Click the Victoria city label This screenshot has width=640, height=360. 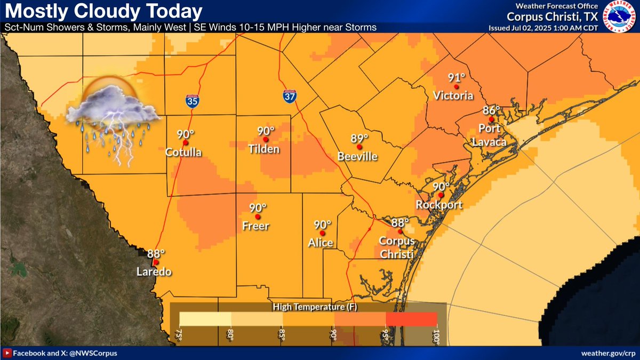(x=453, y=96)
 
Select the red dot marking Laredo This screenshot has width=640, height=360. (x=155, y=262)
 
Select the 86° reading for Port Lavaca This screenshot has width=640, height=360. (x=491, y=110)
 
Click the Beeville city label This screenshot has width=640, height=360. (x=357, y=157)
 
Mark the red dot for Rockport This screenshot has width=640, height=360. (x=441, y=195)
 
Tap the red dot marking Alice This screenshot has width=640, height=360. (x=322, y=233)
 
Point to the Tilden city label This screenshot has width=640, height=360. (x=265, y=149)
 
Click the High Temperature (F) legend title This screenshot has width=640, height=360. (x=308, y=307)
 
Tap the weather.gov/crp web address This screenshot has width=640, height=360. (x=607, y=353)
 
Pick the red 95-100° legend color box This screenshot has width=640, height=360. (x=411, y=319)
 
